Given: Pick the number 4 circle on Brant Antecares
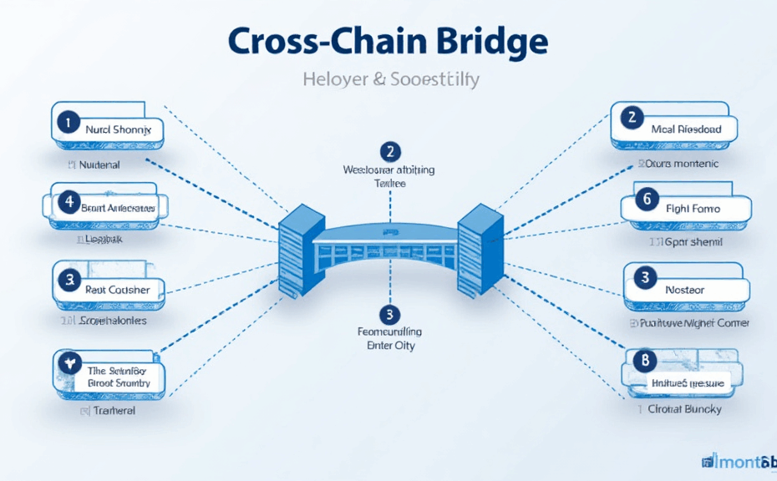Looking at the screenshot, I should (x=66, y=201).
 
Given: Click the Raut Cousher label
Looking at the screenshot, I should (x=118, y=289).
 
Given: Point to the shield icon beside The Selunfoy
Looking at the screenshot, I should (x=67, y=361).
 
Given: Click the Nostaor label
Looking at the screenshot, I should (x=684, y=290).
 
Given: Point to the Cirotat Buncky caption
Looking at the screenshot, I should (x=680, y=409).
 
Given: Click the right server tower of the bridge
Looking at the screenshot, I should (x=477, y=248).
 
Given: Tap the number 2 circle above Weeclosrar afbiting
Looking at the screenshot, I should (x=388, y=151).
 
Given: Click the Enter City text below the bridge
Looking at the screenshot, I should (x=390, y=346).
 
